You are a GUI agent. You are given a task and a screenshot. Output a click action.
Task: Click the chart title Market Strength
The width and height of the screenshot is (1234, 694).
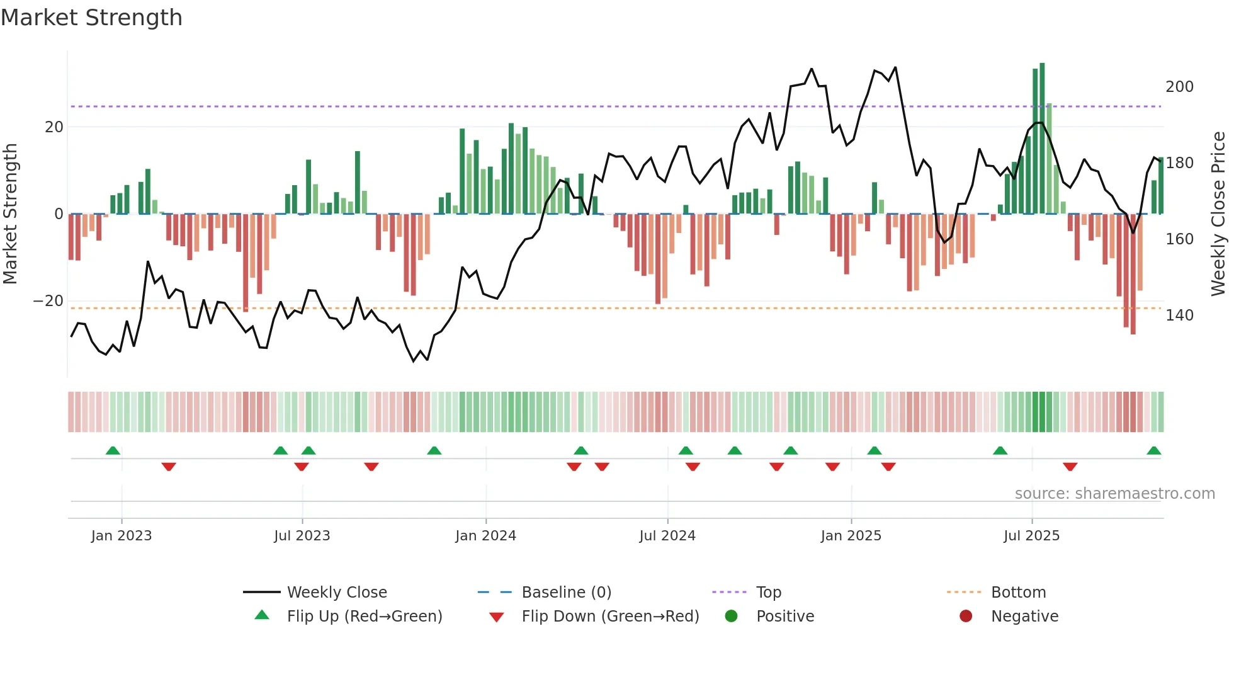[91, 18]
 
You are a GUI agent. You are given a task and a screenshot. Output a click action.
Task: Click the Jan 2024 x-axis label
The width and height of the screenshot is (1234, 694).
[485, 536]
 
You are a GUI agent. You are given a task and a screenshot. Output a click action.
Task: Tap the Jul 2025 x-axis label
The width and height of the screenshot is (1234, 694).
[1031, 536]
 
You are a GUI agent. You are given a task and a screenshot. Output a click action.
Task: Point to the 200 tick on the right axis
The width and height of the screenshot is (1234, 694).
[1179, 87]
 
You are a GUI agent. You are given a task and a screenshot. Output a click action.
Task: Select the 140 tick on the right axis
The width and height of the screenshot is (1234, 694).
[1179, 316]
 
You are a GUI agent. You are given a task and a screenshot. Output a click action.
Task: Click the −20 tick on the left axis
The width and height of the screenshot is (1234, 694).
[48, 301]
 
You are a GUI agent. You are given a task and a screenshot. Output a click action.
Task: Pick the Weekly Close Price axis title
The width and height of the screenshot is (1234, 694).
[1218, 214]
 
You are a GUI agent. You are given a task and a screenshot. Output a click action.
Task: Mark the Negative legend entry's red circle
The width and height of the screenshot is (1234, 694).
[966, 616]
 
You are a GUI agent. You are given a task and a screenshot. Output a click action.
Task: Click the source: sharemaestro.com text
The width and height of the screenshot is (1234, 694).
[1114, 494]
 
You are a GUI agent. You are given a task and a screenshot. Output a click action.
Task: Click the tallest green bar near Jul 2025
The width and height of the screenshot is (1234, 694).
[1042, 139]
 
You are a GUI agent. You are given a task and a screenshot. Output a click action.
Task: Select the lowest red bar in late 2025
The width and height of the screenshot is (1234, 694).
[1133, 274]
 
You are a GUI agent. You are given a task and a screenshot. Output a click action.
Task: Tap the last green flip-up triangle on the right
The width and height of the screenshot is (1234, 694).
[1153, 451]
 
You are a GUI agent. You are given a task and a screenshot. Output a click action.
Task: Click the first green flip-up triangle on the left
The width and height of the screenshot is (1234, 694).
[113, 451]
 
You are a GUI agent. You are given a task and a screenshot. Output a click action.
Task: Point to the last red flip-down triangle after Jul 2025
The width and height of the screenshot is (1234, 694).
[1070, 467]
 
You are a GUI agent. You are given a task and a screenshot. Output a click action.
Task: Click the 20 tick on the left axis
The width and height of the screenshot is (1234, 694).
[54, 127]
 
